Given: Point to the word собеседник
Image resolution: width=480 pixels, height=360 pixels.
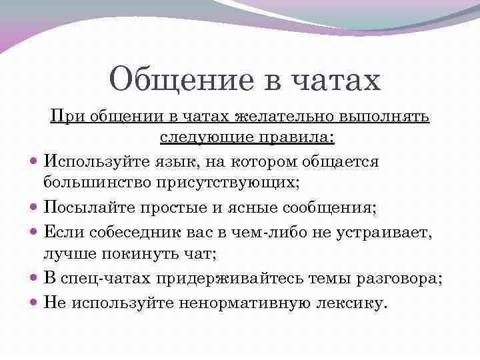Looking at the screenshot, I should click(x=130, y=231).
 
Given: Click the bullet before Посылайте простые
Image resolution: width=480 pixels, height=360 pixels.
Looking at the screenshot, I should click(x=35, y=208).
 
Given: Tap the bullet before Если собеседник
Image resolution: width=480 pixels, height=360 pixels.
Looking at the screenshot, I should click(x=35, y=232).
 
